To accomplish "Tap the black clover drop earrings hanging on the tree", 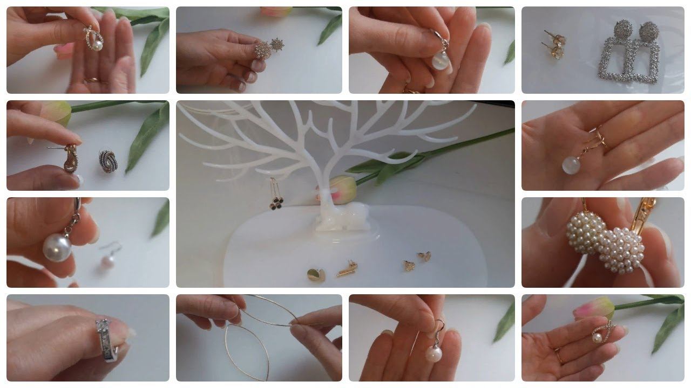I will (x=276, y=203).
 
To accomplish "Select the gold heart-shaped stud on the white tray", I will (x=316, y=275).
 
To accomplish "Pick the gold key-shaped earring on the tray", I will (x=347, y=268).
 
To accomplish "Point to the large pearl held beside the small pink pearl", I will (x=58, y=247).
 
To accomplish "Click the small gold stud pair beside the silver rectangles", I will (x=555, y=44).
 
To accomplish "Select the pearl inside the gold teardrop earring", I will (x=97, y=45).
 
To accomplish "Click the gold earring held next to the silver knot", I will (x=70, y=159).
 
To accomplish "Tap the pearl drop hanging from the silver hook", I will (x=432, y=353).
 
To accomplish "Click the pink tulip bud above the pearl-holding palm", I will (x=594, y=308).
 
